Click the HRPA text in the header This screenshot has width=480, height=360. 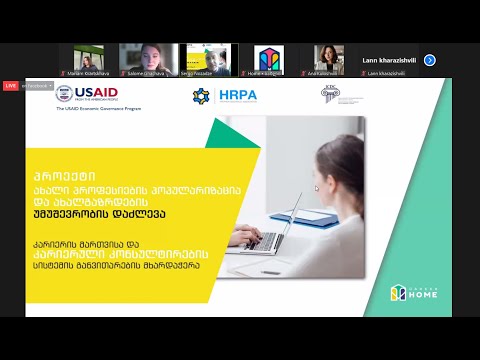(x=236, y=95)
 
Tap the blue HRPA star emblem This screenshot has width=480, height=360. (x=202, y=95)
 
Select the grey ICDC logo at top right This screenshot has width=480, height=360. (x=329, y=93)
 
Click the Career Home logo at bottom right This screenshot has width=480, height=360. (x=412, y=292)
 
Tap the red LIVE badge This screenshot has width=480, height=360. (x=11, y=86)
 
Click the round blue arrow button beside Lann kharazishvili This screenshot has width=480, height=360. (x=429, y=60)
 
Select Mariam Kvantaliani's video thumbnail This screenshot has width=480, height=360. (x=84, y=60)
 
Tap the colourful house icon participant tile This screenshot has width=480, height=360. (x=269, y=60)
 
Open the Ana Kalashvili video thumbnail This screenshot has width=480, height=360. (x=329, y=60)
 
